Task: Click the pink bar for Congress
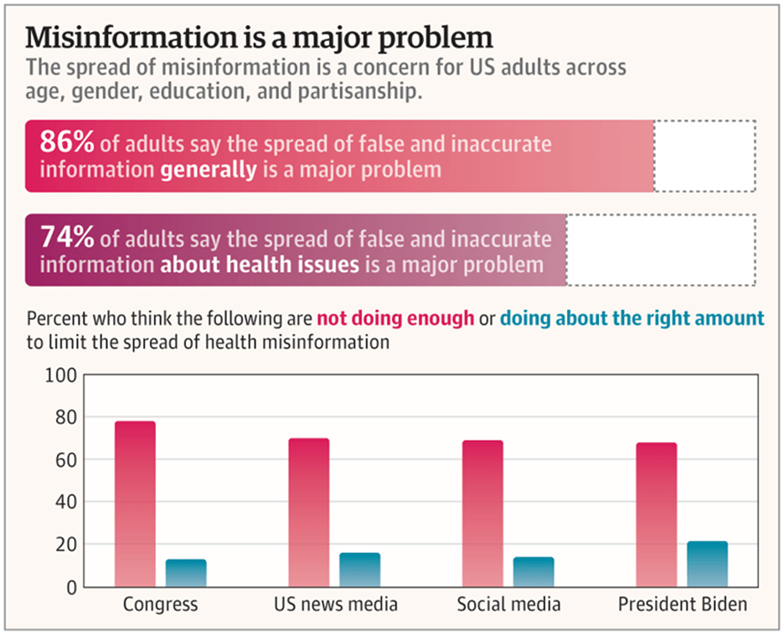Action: coord(135,504)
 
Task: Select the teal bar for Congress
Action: coord(186,573)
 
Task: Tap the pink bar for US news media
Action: coord(309,513)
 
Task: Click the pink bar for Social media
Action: coord(483,514)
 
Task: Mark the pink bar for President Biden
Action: coord(657,515)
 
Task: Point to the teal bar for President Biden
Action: coord(707,564)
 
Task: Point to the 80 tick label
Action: coord(62,417)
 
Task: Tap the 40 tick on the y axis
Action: coord(62,502)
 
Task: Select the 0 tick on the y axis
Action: coord(68,587)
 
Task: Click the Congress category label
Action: coord(160,606)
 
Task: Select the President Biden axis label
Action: coord(682,606)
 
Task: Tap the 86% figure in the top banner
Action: coord(67,143)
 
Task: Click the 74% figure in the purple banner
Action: coord(67,238)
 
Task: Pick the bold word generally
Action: coord(209,168)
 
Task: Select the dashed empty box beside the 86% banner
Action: coord(704,155)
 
